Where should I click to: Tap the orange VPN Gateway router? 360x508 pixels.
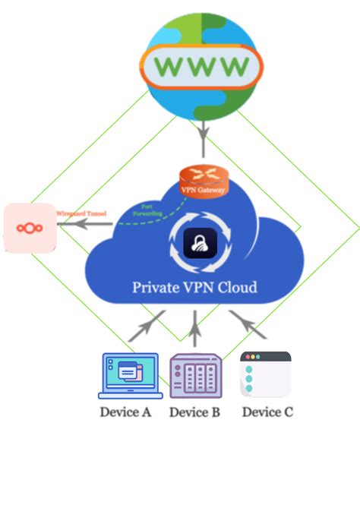pyautogui.click(x=203, y=180)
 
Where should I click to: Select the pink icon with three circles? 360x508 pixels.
pyautogui.click(x=30, y=227)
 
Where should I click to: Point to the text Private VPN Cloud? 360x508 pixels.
pyautogui.click(x=194, y=288)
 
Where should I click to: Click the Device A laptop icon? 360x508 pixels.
pyautogui.click(x=130, y=375)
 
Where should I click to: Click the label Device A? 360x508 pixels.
pyautogui.click(x=126, y=412)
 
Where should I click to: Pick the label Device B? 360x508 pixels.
pyautogui.click(x=194, y=412)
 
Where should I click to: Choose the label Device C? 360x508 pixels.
pyautogui.click(x=267, y=412)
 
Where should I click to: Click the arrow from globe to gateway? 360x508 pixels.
pyautogui.click(x=203, y=140)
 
